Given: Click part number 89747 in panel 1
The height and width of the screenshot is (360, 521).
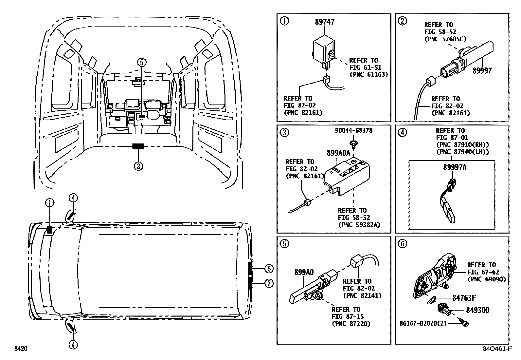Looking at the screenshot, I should pos(325,22).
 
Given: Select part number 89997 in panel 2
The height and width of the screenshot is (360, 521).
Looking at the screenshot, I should pos(482,71).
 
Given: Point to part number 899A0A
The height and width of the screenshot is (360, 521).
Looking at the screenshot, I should pos(338,153).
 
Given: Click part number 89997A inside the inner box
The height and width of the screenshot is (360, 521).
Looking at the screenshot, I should pos(455,167).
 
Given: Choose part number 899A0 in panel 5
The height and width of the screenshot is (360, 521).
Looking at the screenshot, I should pos(304,272).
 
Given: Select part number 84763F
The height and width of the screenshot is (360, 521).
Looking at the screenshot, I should pos(464,298).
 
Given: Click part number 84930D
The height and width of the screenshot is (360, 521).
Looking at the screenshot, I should pos(476,310).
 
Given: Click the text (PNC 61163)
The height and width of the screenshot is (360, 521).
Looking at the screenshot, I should pos(368,74).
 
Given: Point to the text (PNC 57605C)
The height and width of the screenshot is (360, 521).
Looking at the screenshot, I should pos(445,39).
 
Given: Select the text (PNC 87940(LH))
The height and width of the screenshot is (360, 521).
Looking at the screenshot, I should pos(462,152).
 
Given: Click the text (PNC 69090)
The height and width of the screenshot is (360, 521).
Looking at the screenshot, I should pos(486,279).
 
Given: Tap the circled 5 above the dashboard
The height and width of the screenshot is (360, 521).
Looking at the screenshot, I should pos(141,62).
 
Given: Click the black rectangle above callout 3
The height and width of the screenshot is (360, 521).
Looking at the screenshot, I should pos(138,146).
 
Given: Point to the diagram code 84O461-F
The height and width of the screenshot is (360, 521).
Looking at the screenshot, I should pos(498,349).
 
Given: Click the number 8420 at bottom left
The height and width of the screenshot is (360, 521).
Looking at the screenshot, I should pos(20,349).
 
